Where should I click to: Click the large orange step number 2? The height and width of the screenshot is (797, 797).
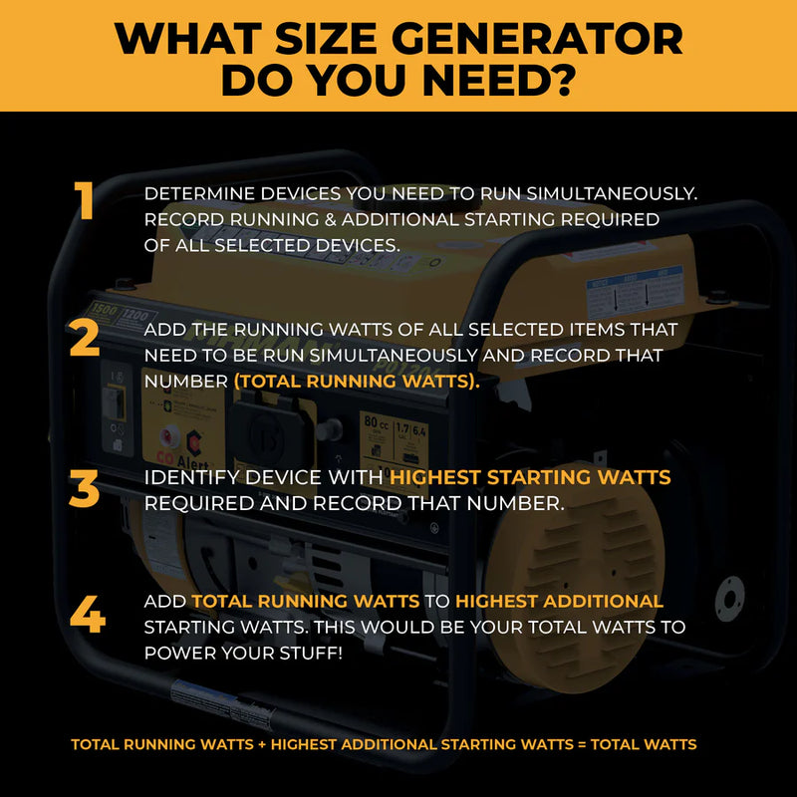(x=85, y=340)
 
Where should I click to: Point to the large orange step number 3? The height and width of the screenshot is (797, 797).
(x=85, y=490)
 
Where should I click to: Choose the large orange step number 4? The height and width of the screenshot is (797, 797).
(x=88, y=615)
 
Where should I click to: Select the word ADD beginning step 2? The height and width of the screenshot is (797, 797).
(x=163, y=328)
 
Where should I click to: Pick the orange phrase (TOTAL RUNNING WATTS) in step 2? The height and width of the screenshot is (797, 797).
(x=357, y=381)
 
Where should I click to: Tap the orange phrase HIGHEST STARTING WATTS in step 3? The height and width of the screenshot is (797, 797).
(x=529, y=478)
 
